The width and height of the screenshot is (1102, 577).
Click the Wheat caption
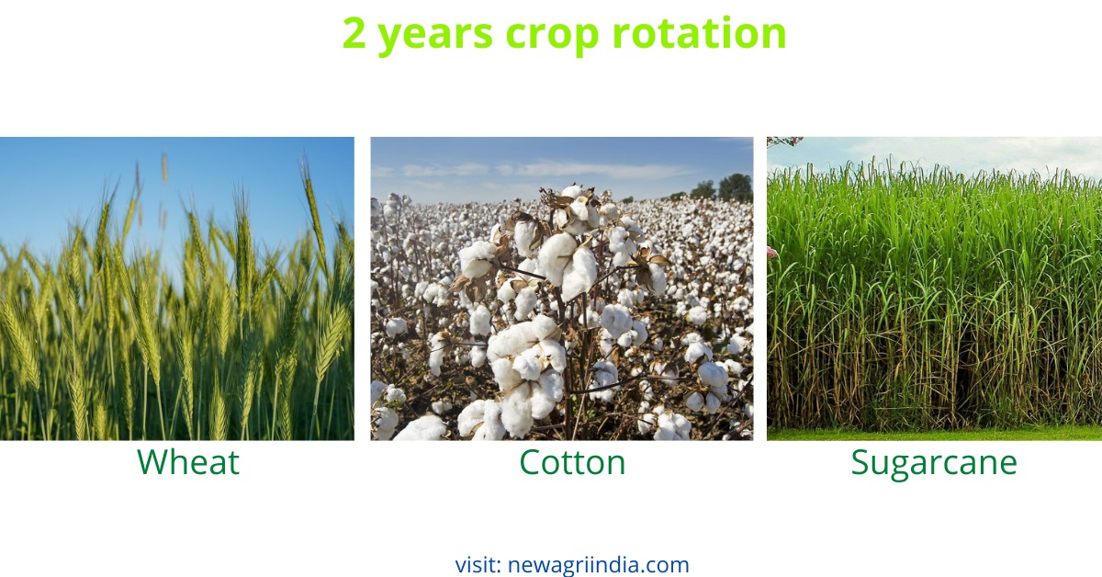coord(188,462)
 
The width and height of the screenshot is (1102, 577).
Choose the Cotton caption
coord(572,462)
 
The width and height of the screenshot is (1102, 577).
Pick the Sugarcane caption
coord(933,463)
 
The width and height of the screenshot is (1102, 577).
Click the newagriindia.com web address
coord(598,564)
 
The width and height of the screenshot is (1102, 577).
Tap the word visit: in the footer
coord(478,564)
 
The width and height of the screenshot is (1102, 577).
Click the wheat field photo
coord(176,303)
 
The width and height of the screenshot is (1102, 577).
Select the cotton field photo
coord(561,303)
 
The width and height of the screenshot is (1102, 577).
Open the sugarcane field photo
coord(934,294)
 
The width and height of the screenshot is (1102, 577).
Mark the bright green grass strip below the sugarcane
coord(934,433)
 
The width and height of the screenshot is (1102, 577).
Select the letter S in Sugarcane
coord(860,462)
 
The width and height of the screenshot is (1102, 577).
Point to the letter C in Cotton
coord(531,462)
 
